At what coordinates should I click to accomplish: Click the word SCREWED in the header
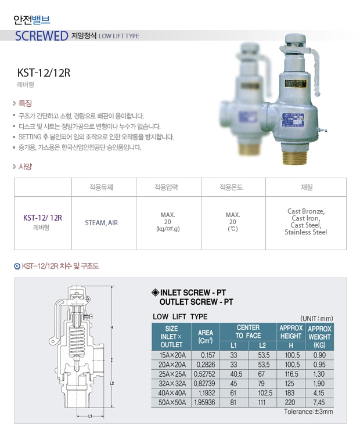[x=41, y=36]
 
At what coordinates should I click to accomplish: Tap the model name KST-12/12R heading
[x=44, y=73]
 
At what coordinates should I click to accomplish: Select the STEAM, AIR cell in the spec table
[x=101, y=223]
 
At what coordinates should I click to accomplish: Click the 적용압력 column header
[x=166, y=187]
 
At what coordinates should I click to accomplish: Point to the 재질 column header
[x=307, y=187]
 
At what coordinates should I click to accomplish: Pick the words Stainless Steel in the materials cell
[x=305, y=232]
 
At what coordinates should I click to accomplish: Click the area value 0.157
[x=208, y=355]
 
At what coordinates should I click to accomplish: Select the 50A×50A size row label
[x=172, y=402]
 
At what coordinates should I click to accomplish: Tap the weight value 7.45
[x=319, y=402]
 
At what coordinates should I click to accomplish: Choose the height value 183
[x=290, y=393]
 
